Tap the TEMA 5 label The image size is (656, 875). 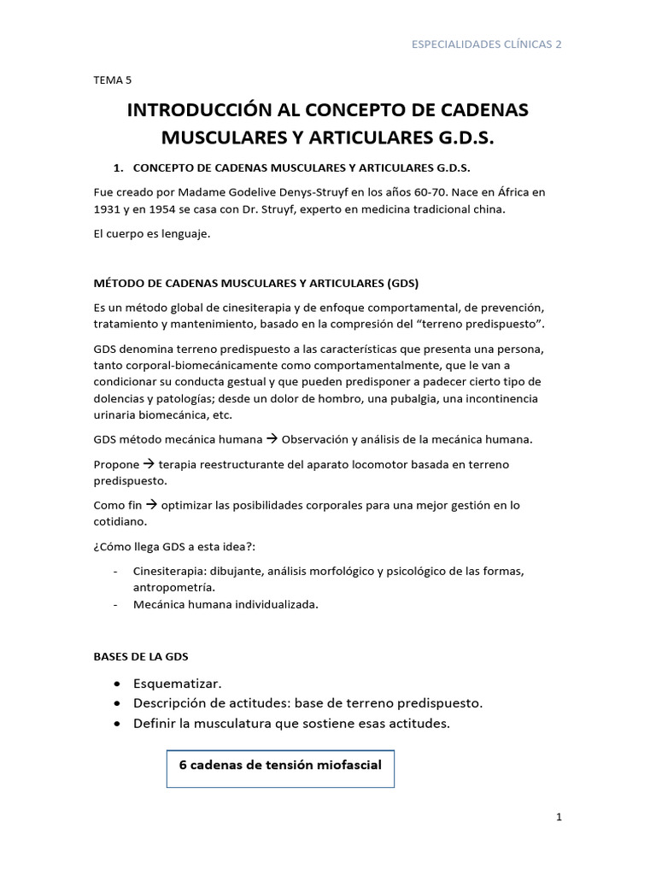(112, 79)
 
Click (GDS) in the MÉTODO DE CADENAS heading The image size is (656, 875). (402, 283)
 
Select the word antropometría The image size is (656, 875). (174, 587)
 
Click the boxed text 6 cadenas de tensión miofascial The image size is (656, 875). (279, 766)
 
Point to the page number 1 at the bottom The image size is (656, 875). (559, 818)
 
